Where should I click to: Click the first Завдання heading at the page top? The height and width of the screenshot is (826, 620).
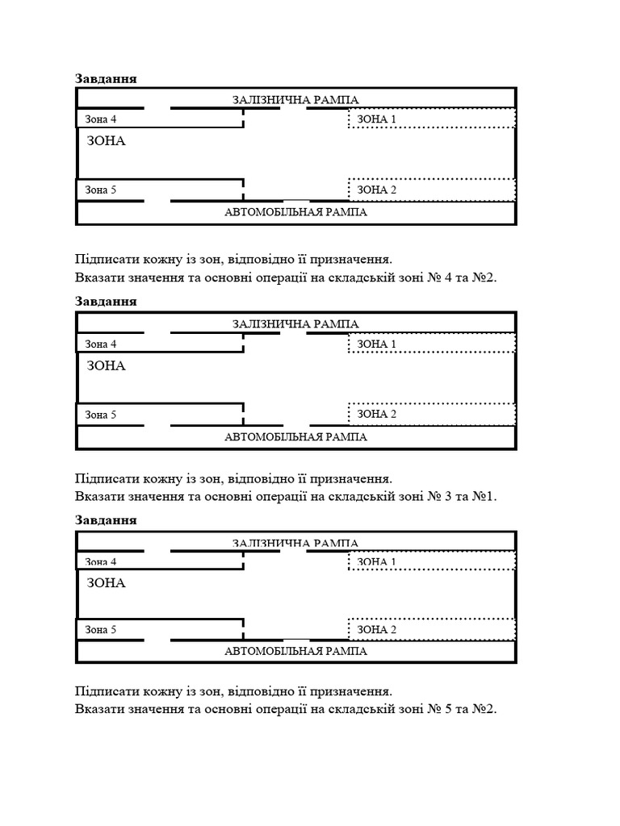pos(106,78)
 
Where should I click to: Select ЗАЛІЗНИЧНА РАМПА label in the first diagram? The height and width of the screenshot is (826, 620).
pos(295,99)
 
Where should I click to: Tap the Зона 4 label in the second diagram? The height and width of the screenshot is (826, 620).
pos(101,344)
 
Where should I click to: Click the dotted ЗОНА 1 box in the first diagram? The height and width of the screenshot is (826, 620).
pos(432,119)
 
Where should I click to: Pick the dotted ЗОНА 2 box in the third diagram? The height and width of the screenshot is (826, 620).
pos(432,629)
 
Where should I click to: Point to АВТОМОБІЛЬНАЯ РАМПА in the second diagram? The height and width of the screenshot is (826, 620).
pos(295,437)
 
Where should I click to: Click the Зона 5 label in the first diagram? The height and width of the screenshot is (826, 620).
pos(101,190)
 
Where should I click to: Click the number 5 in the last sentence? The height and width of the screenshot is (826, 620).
pos(448,709)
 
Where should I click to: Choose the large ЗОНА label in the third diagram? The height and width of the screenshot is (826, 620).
pos(106,582)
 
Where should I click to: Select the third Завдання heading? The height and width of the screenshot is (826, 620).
pos(106,519)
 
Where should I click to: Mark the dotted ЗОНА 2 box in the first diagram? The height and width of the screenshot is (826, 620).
pos(432,190)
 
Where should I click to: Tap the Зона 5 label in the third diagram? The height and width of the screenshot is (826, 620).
pos(101,630)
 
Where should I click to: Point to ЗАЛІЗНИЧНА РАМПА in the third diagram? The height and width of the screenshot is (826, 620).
pos(295,543)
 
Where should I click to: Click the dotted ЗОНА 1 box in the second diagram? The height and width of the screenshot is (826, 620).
pos(432,344)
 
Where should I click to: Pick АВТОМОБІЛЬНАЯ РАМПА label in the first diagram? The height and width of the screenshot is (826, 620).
pos(295,213)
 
